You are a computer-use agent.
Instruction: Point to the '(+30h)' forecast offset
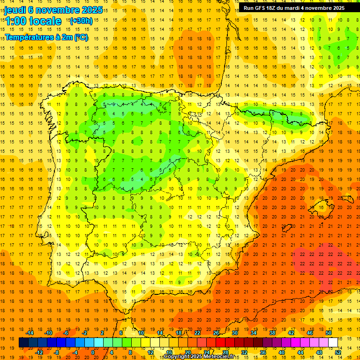tap(81, 21)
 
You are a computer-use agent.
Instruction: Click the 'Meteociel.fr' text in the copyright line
tap(218, 357)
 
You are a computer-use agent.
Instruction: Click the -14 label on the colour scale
tap(30, 333)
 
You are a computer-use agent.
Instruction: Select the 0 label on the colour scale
tap(93, 352)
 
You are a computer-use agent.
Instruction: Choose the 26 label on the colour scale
tap(216, 333)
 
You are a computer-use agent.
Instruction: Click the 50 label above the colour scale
tap(328, 333)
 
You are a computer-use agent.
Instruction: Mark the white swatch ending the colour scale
tap(333, 342)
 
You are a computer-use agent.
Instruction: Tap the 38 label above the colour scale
tap(272, 333)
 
